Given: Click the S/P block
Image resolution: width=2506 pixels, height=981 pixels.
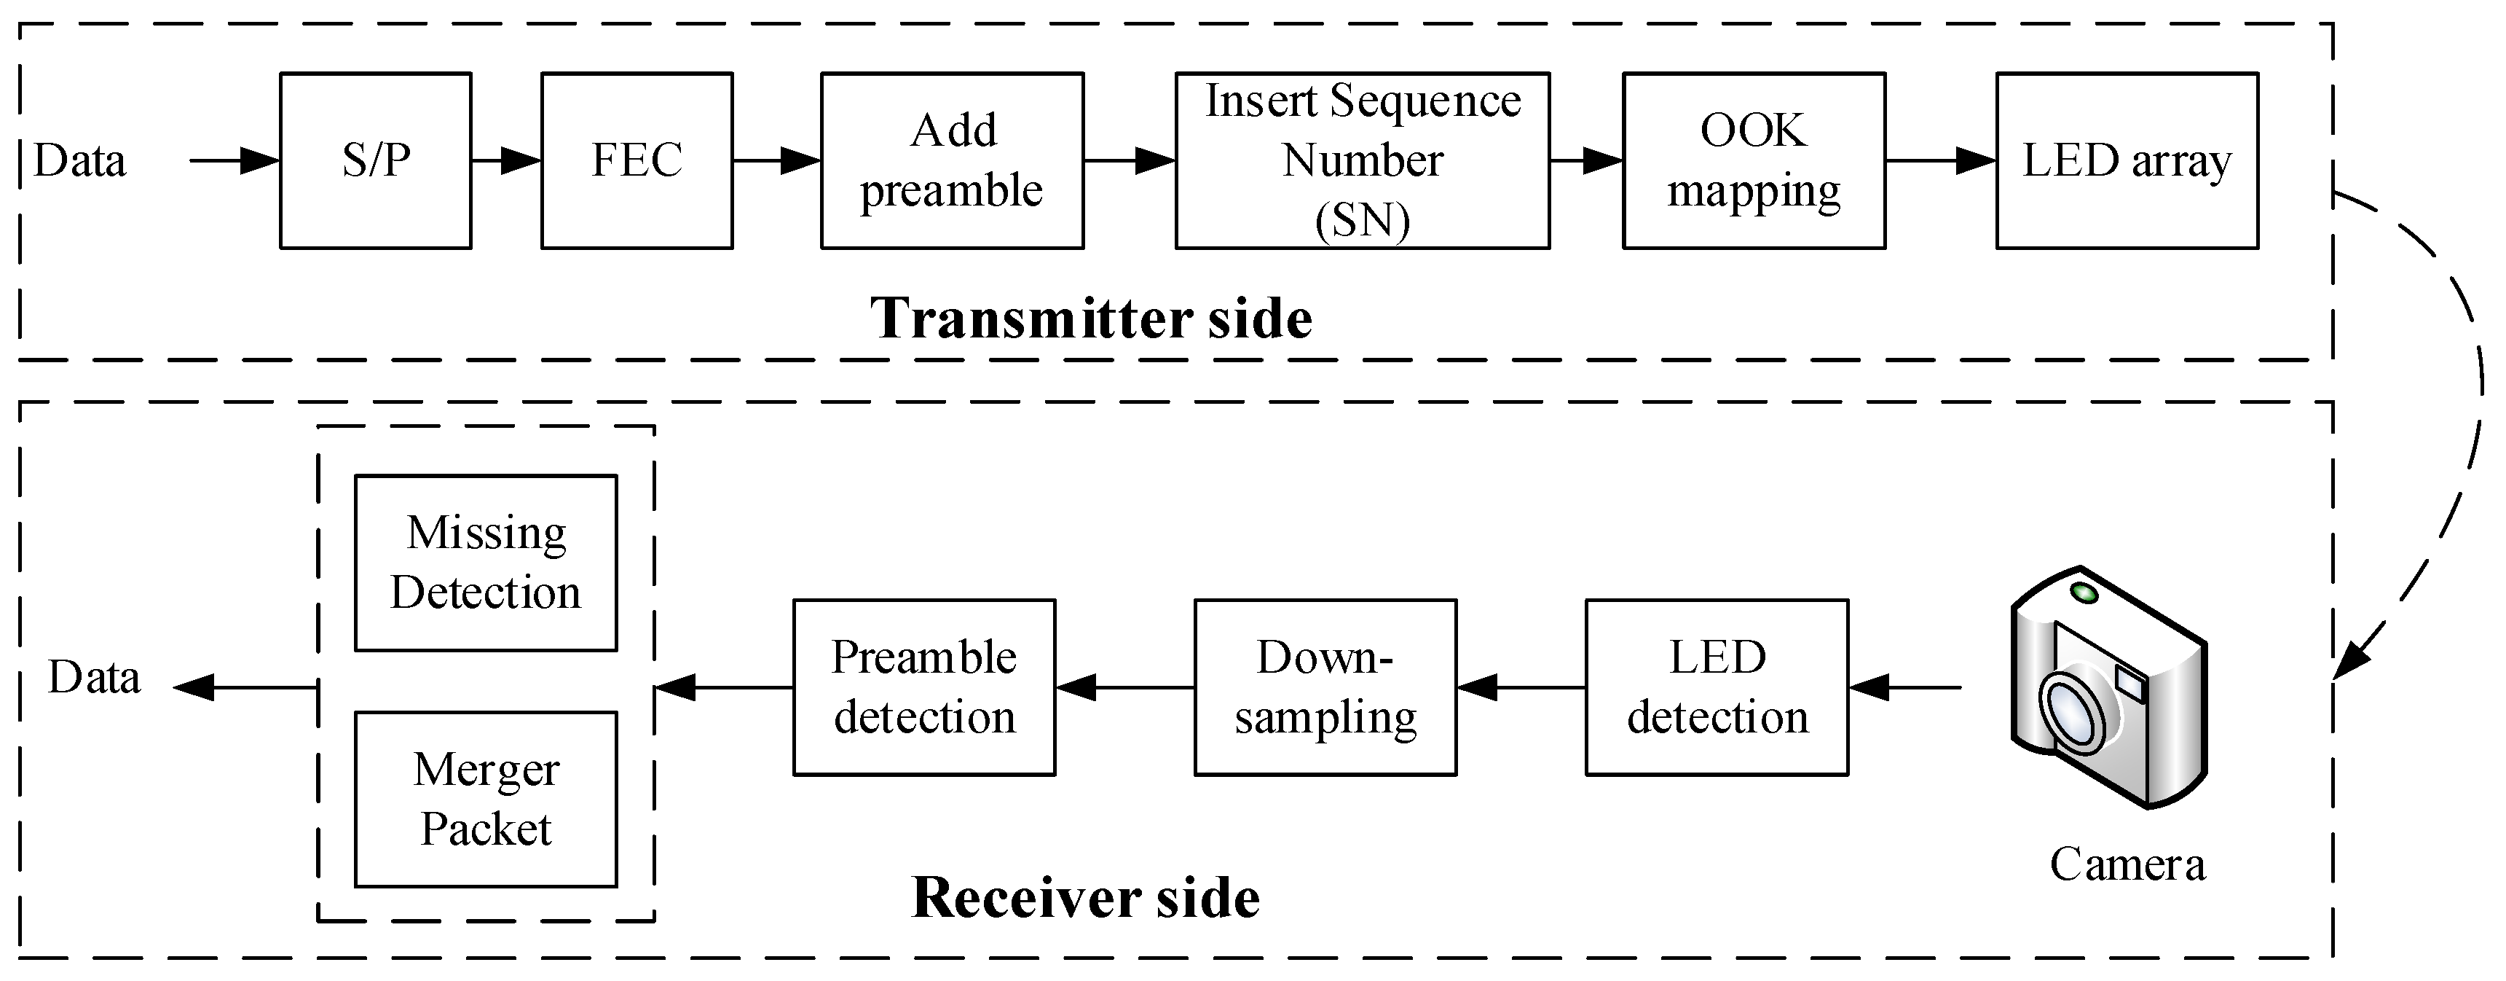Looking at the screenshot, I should (x=376, y=160).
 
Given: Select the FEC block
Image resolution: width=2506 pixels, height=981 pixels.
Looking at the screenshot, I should (x=637, y=160).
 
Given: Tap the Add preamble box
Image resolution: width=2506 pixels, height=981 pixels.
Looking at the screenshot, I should (x=951, y=160).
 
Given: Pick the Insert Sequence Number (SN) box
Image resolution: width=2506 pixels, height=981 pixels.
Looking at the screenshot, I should (x=1361, y=160).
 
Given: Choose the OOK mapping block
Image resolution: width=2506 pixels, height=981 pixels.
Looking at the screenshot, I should (x=1753, y=160).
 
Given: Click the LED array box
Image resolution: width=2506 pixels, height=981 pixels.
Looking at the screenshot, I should (x=2127, y=160).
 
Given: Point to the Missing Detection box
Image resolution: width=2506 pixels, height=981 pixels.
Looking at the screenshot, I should (x=486, y=563).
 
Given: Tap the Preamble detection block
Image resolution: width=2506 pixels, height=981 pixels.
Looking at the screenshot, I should (x=923, y=687).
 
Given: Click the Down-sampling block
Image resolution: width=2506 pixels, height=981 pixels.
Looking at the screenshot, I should (x=1324, y=687).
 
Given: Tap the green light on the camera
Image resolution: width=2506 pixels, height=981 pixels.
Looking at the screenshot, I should (x=2083, y=593).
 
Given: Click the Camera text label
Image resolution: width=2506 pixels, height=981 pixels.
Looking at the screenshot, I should (x=2127, y=864).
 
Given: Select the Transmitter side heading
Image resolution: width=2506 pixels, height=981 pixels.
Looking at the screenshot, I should (x=1090, y=318).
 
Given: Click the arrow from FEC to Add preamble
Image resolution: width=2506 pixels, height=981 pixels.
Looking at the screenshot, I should (x=776, y=160).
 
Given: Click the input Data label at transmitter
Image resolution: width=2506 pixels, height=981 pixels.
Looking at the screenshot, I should (x=80, y=160).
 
